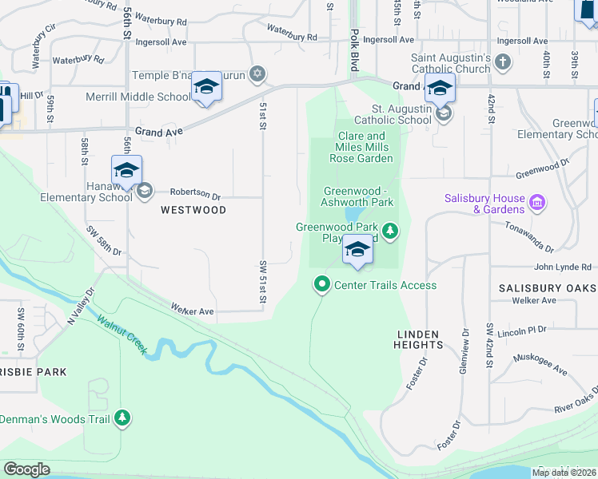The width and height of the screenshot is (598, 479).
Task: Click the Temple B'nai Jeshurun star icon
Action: pos(257,74)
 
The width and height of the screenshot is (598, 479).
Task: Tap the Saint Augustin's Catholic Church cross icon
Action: pos(502,62)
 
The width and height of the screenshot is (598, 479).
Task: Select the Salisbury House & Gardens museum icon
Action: pos(537,204)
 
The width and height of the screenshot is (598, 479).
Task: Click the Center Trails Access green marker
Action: pos(322,284)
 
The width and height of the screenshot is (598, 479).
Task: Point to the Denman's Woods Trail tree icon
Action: pos(122,418)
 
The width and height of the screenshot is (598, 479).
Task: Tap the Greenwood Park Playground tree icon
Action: pos(390,232)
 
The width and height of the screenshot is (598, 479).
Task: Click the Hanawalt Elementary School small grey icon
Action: pos(145,191)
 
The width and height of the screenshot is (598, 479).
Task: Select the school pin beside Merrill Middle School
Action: pos(206,89)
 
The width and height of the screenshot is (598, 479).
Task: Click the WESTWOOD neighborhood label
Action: pos(193,210)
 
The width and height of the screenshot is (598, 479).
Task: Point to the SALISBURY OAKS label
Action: pos(548,287)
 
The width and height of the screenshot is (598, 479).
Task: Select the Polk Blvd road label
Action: pos(353,53)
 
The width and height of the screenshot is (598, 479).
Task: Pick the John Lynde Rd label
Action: pos(564,267)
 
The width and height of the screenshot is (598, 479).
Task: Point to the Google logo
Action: pos(27,469)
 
